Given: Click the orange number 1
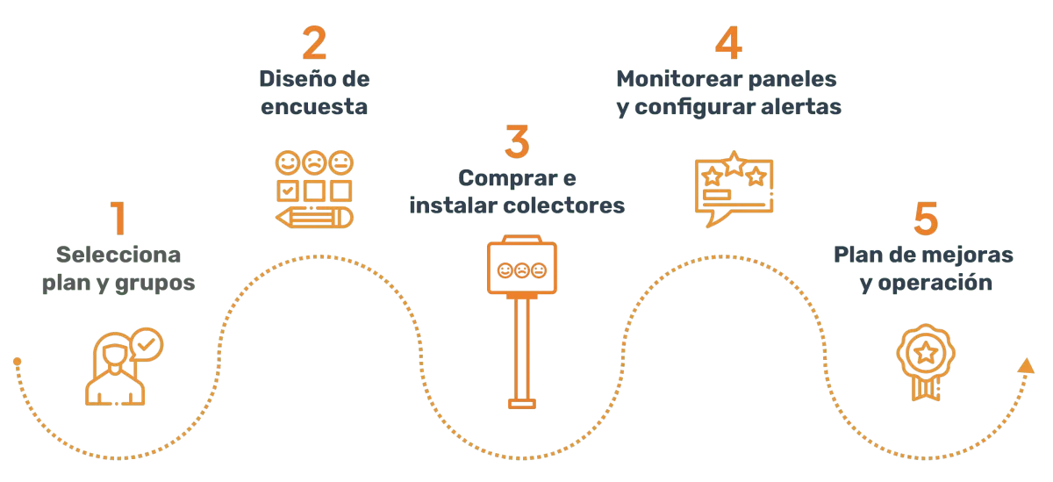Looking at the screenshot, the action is (118, 218).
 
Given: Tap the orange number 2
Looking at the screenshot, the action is (314, 42).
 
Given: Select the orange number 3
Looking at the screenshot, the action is (517, 141).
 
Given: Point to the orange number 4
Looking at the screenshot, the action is (728, 42).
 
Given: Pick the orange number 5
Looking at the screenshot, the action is (926, 219).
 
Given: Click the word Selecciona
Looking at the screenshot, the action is (118, 255).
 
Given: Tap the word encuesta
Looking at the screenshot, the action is (314, 107).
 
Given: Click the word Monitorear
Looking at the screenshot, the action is (679, 79).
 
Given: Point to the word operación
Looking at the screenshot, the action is (935, 283).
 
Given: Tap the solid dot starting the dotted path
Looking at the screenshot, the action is (18, 361).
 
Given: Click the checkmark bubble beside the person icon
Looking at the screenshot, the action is (147, 344).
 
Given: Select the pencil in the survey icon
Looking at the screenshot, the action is (314, 218).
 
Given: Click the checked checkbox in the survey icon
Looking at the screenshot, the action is (288, 191).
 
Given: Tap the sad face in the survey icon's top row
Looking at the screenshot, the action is (314, 162).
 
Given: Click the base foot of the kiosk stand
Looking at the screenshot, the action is (522, 404).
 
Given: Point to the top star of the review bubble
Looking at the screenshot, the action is (734, 163).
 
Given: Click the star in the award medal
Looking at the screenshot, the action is (926, 352).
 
